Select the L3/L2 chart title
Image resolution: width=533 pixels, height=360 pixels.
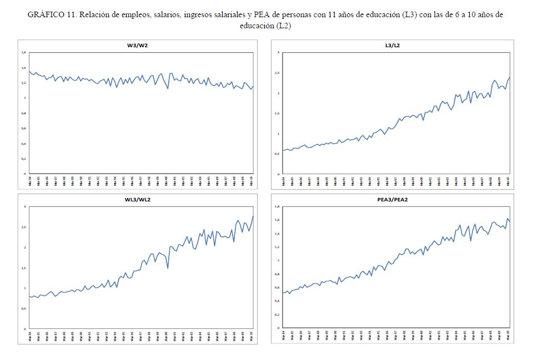(393, 45)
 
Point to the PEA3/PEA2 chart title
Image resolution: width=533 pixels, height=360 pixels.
(393, 199)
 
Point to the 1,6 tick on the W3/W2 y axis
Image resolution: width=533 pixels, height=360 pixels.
(23, 53)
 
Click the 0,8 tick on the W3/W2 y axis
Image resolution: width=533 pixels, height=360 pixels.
(23, 113)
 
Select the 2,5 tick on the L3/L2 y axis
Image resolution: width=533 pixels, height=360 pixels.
(277, 73)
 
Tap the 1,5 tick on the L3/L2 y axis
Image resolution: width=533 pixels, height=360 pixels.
(277, 113)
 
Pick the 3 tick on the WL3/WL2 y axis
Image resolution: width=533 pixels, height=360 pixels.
(24, 206)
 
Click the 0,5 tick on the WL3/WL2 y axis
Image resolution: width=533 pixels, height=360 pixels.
(23, 308)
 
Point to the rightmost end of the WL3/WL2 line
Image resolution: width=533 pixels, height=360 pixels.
(253, 216)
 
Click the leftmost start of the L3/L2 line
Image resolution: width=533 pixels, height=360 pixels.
(283, 150)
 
